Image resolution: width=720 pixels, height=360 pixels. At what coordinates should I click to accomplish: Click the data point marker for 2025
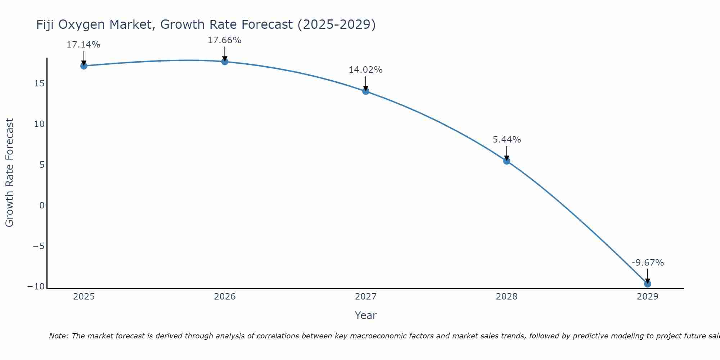84,66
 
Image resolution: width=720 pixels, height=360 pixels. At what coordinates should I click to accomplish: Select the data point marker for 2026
225,62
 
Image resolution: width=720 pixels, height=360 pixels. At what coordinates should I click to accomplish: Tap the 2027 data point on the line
366,91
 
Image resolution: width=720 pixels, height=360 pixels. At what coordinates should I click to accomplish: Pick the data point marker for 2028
507,161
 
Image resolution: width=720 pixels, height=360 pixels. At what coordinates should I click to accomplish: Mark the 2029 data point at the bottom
648,284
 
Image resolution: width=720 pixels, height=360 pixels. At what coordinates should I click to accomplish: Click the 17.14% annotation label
84,45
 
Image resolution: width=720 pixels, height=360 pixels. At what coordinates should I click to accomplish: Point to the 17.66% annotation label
224,40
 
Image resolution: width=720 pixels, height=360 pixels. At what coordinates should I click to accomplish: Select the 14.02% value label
365,70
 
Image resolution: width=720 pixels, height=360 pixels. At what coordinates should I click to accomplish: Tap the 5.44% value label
507,140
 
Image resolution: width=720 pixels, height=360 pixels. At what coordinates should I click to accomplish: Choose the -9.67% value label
648,263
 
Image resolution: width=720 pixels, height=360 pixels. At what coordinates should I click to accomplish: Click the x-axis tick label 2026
225,297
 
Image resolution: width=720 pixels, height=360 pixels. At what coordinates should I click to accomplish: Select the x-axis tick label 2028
507,297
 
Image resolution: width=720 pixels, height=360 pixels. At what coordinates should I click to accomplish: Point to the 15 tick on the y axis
39,84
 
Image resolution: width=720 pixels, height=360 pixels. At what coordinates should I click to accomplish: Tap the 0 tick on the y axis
42,206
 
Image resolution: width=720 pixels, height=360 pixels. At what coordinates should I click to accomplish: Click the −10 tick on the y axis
36,287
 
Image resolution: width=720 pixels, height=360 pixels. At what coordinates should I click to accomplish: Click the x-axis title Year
365,315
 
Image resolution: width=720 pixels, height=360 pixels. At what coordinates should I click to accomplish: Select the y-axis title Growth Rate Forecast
9,173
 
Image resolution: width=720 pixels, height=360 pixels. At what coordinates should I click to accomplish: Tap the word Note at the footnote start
58,336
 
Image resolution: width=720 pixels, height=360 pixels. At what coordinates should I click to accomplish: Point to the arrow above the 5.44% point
507,153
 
